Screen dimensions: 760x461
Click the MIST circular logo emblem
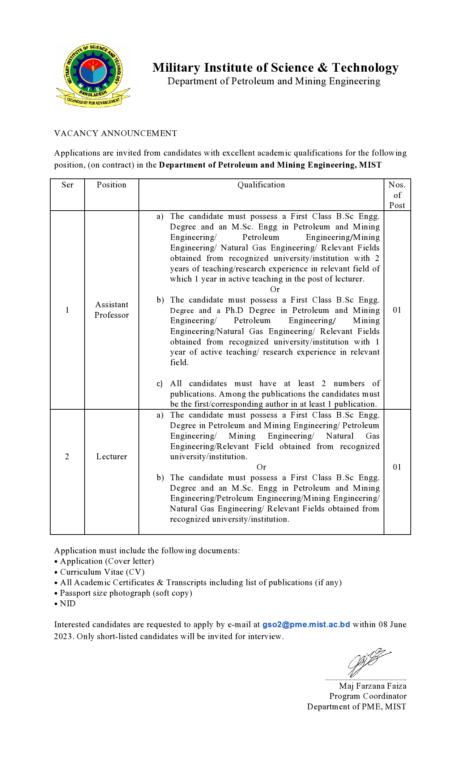[93, 75]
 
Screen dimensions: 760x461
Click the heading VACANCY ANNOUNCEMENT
[115, 134]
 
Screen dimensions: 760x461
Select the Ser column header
[67, 185]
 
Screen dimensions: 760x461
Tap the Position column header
[111, 185]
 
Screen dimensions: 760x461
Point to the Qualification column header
[261, 185]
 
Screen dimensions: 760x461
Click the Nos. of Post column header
[397, 195]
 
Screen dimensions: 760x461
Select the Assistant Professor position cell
[112, 310]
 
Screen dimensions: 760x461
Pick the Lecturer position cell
[112, 457]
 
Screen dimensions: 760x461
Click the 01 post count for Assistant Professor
[397, 310]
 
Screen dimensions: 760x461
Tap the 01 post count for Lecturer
[397, 467]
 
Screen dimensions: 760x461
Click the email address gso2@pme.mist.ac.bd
[306, 625]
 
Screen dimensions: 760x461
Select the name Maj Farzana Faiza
[372, 686]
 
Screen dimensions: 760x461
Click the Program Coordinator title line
[368, 696]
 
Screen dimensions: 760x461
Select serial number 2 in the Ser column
[67, 457]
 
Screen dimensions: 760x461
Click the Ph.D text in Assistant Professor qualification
[234, 311]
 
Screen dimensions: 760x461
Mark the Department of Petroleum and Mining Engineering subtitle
[274, 81]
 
